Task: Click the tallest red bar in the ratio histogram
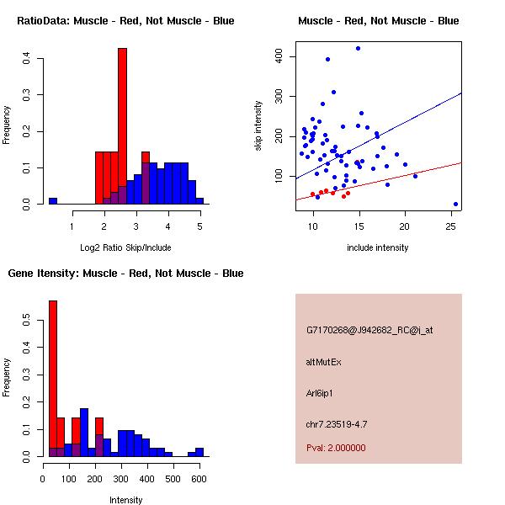[122, 126]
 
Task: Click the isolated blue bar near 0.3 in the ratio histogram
[52, 201]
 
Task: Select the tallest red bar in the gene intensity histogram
[52, 379]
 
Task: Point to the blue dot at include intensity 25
[455, 204]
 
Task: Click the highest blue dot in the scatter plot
[358, 49]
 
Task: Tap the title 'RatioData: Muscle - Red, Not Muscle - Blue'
[125, 21]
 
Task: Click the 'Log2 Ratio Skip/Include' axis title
[125, 247]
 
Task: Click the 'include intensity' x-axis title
[378, 247]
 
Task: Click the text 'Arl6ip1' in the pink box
[322, 393]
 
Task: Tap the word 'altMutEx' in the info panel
[324, 362]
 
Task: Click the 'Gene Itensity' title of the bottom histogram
[125, 274]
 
